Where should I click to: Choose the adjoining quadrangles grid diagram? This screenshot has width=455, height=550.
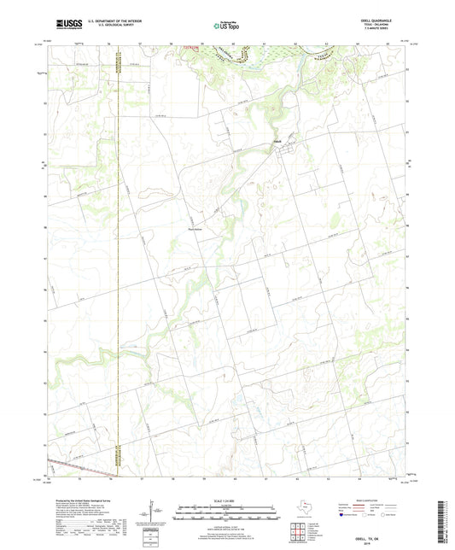pyautogui.click(x=298, y=531)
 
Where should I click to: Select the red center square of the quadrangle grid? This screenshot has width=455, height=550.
pyautogui.click(x=298, y=531)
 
